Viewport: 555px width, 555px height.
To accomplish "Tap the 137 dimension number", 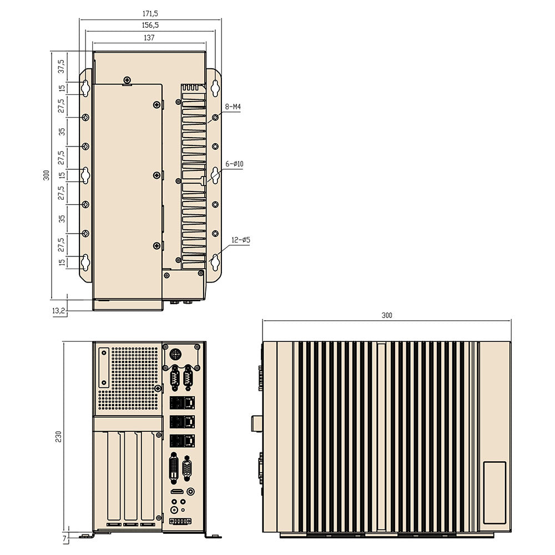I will [149, 38].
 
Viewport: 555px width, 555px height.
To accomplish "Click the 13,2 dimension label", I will [59, 312].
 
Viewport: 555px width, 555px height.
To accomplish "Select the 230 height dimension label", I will [58, 436].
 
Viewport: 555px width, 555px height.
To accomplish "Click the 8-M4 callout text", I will [233, 107].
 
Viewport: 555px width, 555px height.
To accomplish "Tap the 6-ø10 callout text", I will [234, 164].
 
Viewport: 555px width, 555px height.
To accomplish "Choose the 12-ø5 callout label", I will [241, 240].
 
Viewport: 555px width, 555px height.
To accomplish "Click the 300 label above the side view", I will [386, 315].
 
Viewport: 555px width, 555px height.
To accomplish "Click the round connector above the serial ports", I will [175, 354].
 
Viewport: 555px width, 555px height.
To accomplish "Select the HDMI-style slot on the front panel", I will [176, 492].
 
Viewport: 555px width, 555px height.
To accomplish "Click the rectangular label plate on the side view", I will [494, 492].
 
